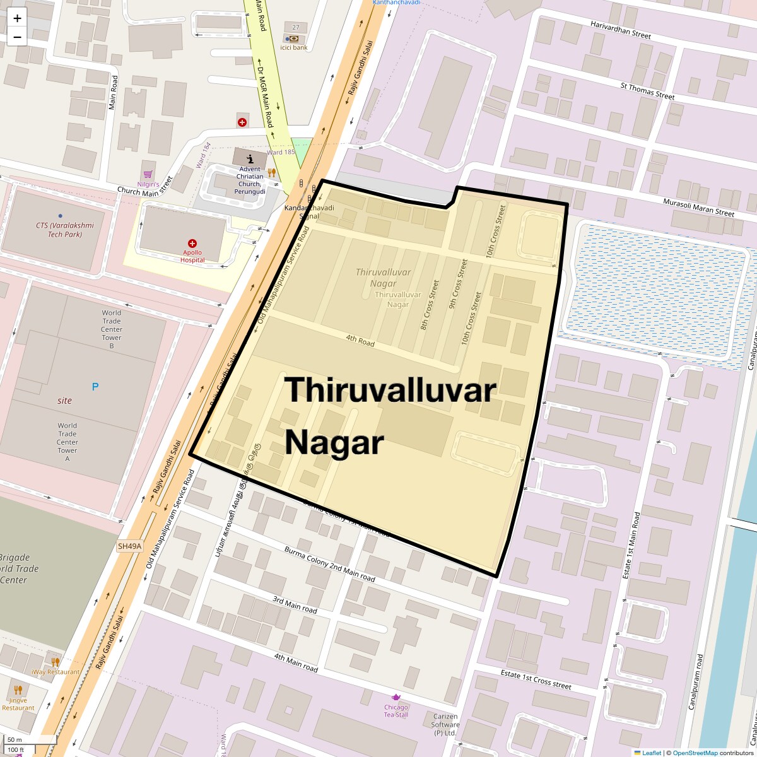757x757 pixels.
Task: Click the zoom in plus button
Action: tap(17, 18)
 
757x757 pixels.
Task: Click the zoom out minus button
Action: tap(17, 37)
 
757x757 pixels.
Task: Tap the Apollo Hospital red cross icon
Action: tap(192, 244)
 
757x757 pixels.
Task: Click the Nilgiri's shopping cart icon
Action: tap(148, 174)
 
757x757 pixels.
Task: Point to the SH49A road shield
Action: tap(129, 546)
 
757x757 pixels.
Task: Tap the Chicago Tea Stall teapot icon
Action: tap(396, 697)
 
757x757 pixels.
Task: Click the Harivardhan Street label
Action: tap(620, 29)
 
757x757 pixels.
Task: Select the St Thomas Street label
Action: tap(647, 91)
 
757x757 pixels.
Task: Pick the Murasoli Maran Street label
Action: tap(698, 208)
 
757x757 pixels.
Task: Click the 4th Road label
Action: tap(360, 340)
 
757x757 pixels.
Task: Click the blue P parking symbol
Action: tap(95, 387)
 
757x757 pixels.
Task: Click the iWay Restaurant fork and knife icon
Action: tap(55, 662)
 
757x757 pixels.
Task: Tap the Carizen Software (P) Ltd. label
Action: tap(445, 725)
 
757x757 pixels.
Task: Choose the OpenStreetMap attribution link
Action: tap(695, 753)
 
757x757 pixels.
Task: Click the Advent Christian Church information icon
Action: tap(250, 159)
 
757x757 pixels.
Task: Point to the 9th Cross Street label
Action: tap(458, 284)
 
